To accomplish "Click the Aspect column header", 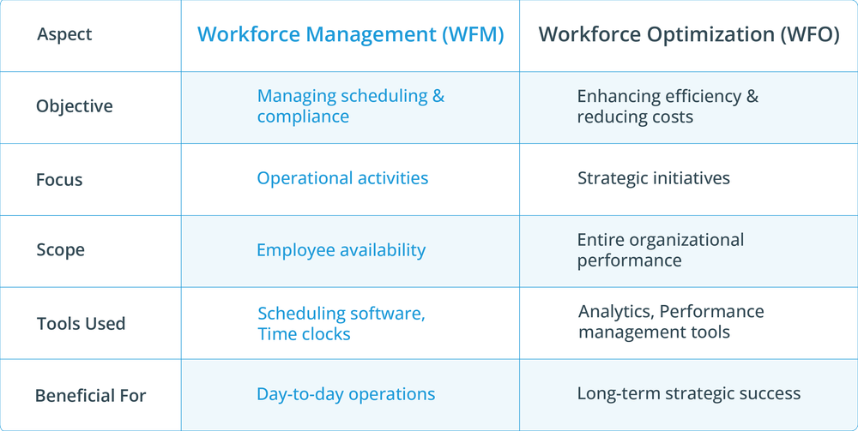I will pyautogui.click(x=64, y=35).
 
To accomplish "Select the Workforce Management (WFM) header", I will pyautogui.click(x=350, y=35).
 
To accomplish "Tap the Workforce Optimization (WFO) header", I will pyautogui.click(x=688, y=35).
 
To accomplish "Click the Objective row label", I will pyautogui.click(x=74, y=106).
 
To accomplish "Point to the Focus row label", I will pyautogui.click(x=59, y=180).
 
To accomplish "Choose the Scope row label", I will pyautogui.click(x=60, y=250).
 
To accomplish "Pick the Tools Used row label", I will pyautogui.click(x=81, y=324).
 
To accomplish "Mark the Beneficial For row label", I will pyautogui.click(x=90, y=396).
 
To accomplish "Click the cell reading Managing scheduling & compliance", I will pyautogui.click(x=350, y=106).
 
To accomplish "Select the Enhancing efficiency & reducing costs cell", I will pyautogui.click(x=668, y=106).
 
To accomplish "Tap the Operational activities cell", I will pyautogui.click(x=342, y=178).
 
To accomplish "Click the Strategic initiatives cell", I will pyautogui.click(x=653, y=178).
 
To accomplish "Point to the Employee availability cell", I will pyautogui.click(x=341, y=250).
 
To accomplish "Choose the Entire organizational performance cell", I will pyautogui.click(x=660, y=250).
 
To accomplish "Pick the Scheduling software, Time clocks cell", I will pyautogui.click(x=341, y=324).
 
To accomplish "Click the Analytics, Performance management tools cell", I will pyautogui.click(x=670, y=321).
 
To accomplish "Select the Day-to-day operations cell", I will pyautogui.click(x=346, y=394).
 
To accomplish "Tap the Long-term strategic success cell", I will pyautogui.click(x=688, y=394).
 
